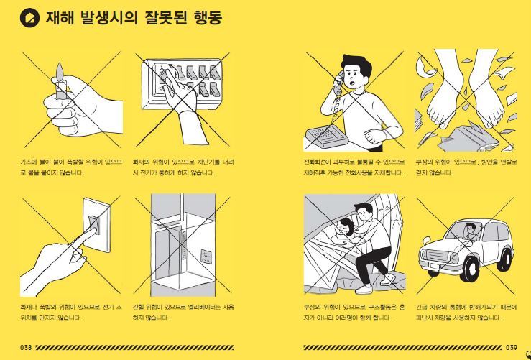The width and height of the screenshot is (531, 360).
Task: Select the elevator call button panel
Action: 206,257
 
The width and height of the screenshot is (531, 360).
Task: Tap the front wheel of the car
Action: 471,267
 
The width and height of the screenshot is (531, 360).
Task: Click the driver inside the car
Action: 469,231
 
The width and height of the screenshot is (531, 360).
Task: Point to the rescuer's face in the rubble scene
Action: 364,213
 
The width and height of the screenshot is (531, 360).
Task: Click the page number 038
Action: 26,347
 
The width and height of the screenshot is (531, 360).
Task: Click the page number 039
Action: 511,347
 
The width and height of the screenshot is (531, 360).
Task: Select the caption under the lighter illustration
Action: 71,167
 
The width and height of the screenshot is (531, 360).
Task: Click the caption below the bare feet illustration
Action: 463,167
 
